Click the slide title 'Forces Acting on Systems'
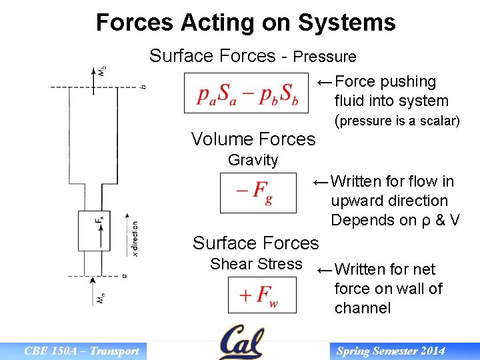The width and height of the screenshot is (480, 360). [245, 23]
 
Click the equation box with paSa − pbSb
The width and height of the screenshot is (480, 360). [247, 93]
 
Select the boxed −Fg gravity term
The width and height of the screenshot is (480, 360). [258, 193]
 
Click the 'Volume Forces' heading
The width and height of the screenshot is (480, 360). [253, 139]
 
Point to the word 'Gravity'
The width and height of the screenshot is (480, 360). [253, 160]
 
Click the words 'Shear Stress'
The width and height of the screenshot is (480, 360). [256, 264]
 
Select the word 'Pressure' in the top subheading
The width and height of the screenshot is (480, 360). [325, 57]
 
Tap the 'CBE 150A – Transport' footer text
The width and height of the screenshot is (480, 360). [81, 351]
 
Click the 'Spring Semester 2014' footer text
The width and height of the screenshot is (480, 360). [390, 351]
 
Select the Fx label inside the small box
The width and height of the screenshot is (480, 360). [99, 219]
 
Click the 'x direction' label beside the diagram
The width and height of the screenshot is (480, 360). [135, 239]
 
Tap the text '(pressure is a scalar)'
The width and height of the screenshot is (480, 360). [397, 121]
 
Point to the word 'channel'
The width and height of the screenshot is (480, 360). [362, 308]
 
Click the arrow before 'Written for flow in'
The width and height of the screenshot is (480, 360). [320, 181]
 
